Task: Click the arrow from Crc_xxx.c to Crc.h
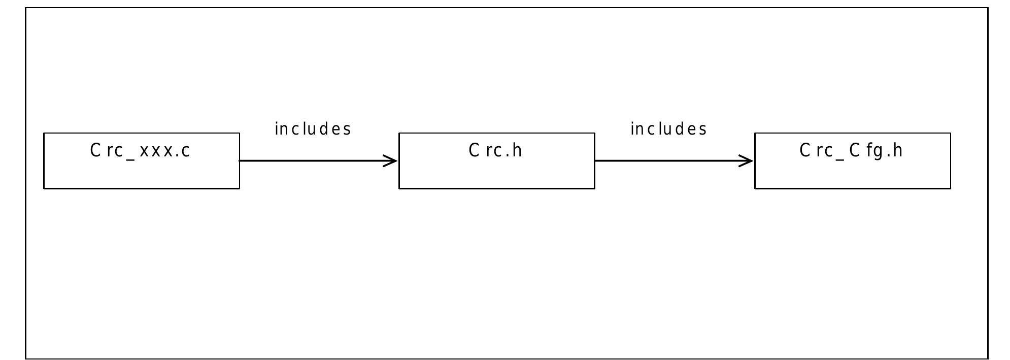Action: pos(315,161)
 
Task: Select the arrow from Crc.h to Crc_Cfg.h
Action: pos(670,161)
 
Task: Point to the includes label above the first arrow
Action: pos(313,129)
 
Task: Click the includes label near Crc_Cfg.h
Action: pos(668,129)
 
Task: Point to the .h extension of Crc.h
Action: pos(515,151)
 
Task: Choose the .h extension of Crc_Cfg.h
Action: pos(895,151)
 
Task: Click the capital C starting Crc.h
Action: pos(474,151)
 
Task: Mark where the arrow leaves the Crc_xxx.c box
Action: pos(240,161)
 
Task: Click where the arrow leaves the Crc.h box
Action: pos(595,161)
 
